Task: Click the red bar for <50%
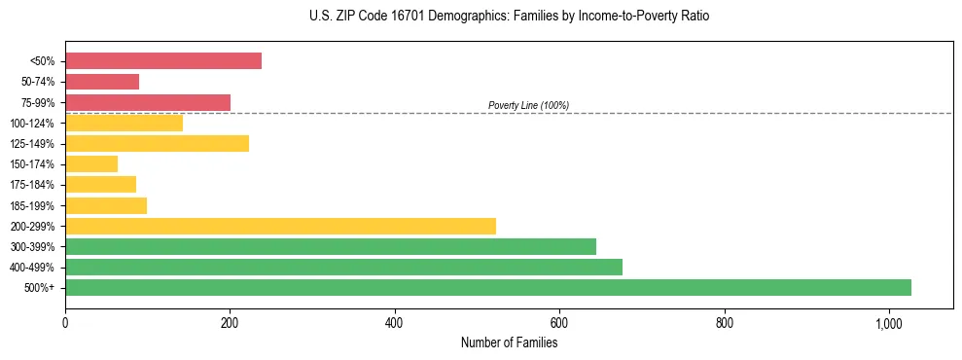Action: tap(163, 61)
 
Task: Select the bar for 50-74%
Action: tap(102, 82)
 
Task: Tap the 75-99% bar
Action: tap(148, 102)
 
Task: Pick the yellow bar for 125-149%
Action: tap(157, 144)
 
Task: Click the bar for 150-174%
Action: tap(91, 164)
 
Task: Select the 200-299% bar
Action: tap(280, 226)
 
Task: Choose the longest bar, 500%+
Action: tap(488, 287)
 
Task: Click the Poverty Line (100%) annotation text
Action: tap(528, 105)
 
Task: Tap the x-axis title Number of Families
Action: tap(509, 342)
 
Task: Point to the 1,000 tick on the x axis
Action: tap(889, 323)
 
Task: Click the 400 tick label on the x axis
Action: tap(395, 323)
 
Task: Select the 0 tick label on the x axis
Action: tap(65, 323)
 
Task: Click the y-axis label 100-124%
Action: tap(32, 124)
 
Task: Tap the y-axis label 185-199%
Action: tap(32, 205)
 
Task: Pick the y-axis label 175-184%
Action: tap(32, 185)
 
